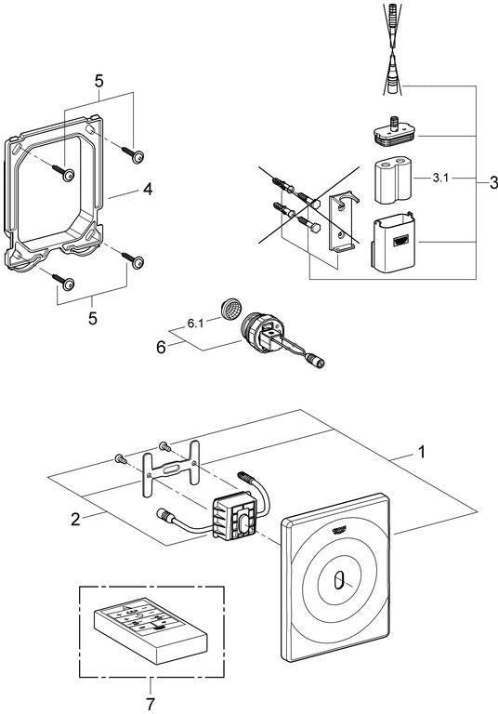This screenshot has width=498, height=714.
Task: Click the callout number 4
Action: click(x=148, y=190)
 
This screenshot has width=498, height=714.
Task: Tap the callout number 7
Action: click(x=151, y=704)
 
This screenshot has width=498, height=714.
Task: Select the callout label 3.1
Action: click(x=439, y=178)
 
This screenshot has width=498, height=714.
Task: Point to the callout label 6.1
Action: click(x=196, y=324)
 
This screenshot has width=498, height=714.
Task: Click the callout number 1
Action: click(x=422, y=452)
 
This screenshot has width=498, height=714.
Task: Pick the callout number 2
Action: click(x=75, y=519)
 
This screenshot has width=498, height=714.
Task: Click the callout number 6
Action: click(x=161, y=348)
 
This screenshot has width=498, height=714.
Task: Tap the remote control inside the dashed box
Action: click(x=151, y=628)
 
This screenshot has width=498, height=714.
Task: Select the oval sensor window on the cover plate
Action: click(x=338, y=582)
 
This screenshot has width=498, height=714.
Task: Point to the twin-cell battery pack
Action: click(x=394, y=180)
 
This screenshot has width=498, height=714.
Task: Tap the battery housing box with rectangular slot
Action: click(x=394, y=244)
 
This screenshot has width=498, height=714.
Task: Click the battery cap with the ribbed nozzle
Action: click(x=394, y=132)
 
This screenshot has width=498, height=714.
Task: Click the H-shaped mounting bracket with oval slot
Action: click(x=171, y=469)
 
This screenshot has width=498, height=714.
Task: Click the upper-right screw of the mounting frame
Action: click(x=133, y=154)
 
